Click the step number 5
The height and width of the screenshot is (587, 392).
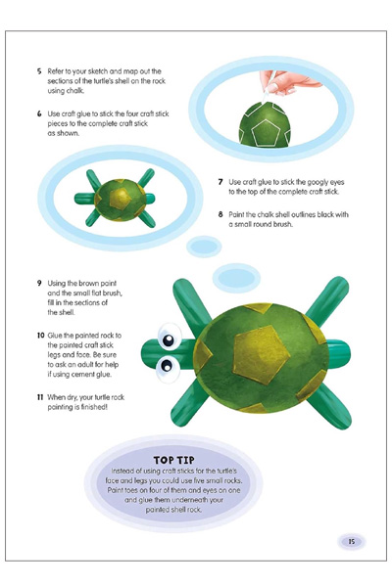tap(39, 71)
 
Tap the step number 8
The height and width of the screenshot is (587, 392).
tap(220, 214)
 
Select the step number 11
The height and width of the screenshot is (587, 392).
tap(40, 397)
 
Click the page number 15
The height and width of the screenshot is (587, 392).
tap(352, 541)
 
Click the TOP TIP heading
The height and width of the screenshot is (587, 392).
tap(174, 460)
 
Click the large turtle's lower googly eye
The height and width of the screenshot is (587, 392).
tap(167, 367)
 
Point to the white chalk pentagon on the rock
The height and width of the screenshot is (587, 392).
tap(266, 132)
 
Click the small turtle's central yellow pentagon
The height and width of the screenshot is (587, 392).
tap(120, 199)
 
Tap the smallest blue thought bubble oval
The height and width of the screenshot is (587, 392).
tap(204, 247)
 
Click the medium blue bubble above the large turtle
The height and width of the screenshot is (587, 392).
tap(237, 278)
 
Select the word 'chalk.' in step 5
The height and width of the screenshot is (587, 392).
tap(75, 91)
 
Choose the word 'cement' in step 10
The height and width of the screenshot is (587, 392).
tap(88, 374)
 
